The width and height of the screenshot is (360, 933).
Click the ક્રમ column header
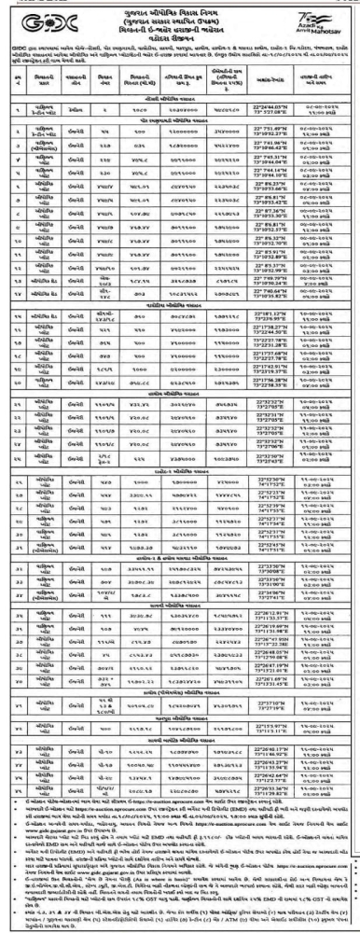tap(13, 81)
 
